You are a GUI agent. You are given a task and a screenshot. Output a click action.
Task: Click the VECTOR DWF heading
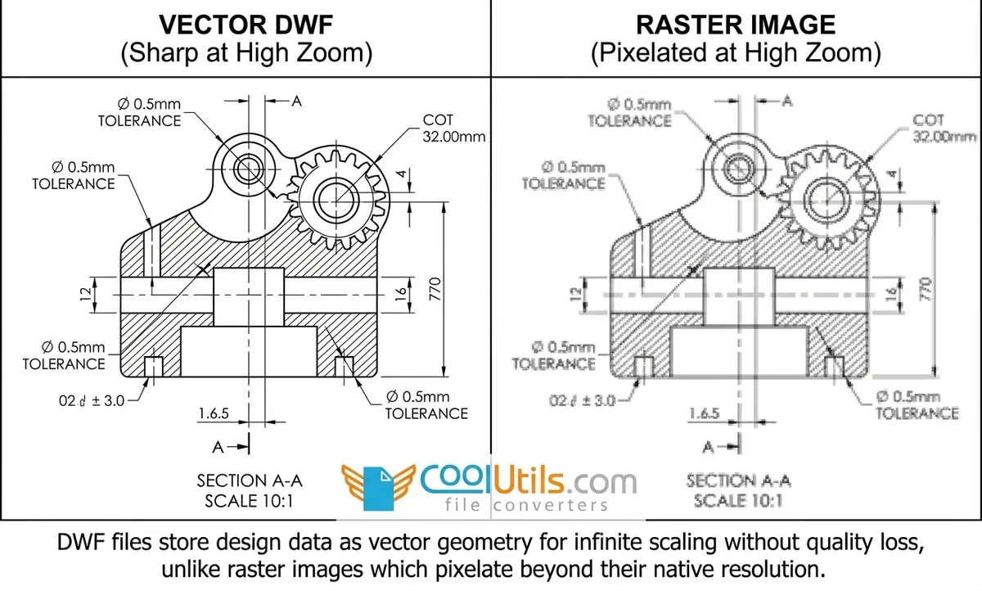pos(246,24)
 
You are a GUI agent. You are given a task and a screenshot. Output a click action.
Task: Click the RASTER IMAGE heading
pos(736,24)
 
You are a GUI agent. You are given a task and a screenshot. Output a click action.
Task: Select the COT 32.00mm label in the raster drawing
pos(944,129)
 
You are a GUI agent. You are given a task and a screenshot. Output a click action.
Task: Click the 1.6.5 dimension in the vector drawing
pos(213,413)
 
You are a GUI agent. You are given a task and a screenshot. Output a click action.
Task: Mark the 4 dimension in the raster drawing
pos(892,175)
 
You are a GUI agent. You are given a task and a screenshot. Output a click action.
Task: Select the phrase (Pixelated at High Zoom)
pos(736,54)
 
